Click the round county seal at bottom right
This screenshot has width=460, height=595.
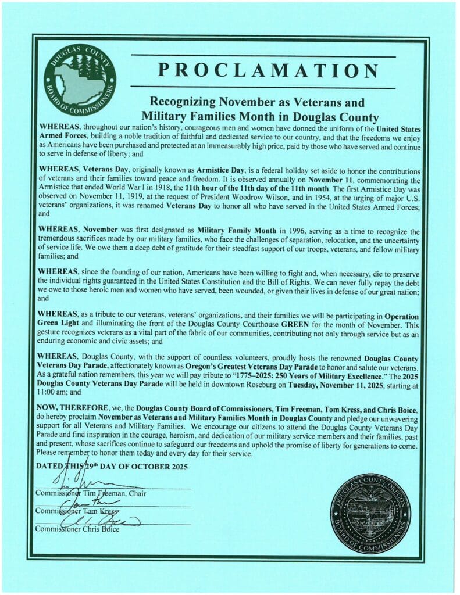pyautogui.click(x=370, y=513)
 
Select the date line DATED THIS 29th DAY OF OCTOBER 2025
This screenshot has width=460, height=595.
pyautogui.click(x=112, y=466)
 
